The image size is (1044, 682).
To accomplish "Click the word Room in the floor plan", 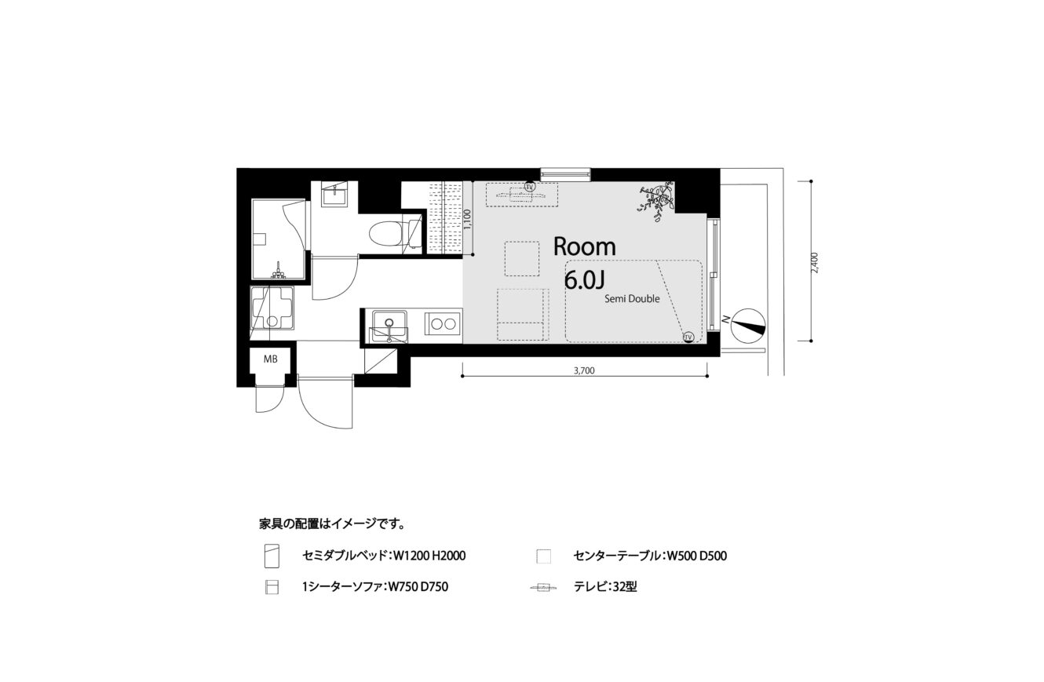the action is (x=585, y=246).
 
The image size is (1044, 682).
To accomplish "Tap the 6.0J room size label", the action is (x=585, y=280).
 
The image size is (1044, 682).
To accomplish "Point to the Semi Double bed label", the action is (x=632, y=299).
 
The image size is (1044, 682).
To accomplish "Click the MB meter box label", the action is (x=270, y=359).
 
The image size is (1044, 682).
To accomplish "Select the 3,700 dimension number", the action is (x=585, y=370).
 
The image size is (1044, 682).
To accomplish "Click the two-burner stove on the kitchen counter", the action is (x=442, y=324).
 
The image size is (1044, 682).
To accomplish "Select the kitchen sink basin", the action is (x=389, y=322).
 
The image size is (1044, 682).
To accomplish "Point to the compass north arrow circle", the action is (x=748, y=326).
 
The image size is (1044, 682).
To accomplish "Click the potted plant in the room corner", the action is (x=657, y=202).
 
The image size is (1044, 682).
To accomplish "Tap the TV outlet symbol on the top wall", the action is (x=529, y=186).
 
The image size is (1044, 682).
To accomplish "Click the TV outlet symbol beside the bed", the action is (x=688, y=337).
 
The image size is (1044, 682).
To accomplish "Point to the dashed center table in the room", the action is (x=522, y=258).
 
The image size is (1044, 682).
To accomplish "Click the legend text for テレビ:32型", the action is (x=605, y=586).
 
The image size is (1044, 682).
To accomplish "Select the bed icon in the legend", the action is (x=272, y=556).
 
